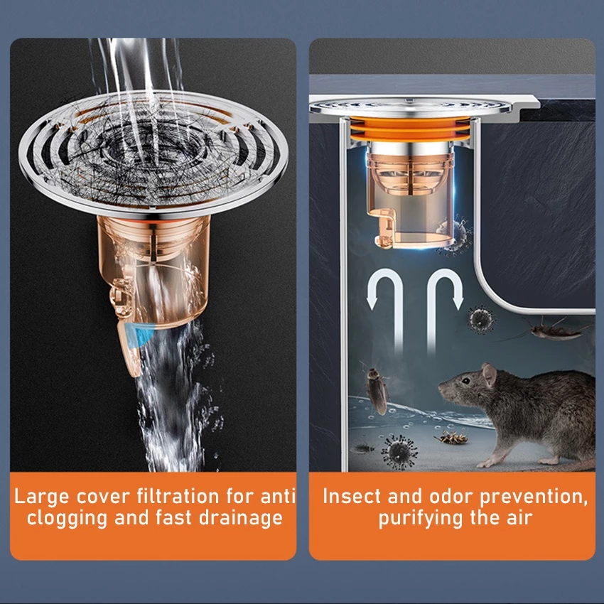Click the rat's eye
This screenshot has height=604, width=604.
coord(465,381)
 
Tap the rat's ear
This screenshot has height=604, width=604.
coord(489,374)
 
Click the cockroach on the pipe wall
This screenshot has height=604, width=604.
coord(376,390)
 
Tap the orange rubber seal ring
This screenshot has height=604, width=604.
coord(410,129)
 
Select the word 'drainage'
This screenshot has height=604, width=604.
coord(241,518)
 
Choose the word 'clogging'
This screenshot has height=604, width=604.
coord(67,519)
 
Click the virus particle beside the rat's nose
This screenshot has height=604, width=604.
coord(399,451)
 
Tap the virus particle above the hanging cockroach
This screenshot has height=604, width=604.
coord(481,319)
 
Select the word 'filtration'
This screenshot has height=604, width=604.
coord(178,496)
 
